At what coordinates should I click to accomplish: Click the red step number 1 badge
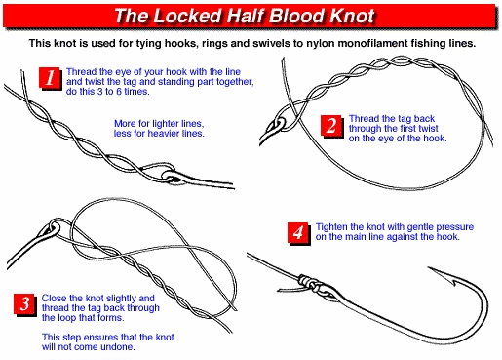(x=50, y=77)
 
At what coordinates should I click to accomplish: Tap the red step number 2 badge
(x=331, y=126)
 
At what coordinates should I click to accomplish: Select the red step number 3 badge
(x=24, y=304)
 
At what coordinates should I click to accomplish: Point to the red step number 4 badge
(x=298, y=233)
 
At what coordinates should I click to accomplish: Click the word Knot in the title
(x=352, y=16)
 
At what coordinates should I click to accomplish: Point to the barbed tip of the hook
(x=428, y=268)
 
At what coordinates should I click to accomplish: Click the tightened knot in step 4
(x=310, y=283)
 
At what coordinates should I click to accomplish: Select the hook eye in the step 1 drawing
(x=170, y=176)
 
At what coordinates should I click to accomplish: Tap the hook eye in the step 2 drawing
(x=280, y=123)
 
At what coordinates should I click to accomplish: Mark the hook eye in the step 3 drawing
(x=55, y=226)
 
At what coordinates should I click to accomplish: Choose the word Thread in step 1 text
(x=80, y=72)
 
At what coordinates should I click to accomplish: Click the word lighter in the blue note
(x=164, y=124)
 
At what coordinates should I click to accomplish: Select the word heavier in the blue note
(x=163, y=134)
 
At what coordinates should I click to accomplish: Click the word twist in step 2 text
(x=427, y=129)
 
